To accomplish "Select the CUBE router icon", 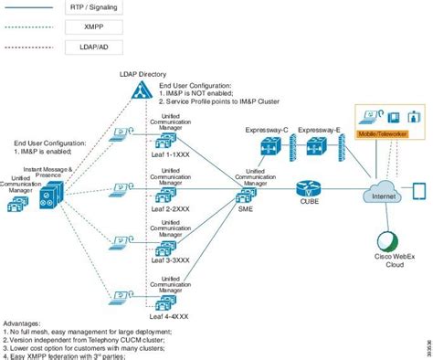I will point(305,189).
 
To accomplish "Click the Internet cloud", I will point(379,193).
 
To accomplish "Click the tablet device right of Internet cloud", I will point(419,191).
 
